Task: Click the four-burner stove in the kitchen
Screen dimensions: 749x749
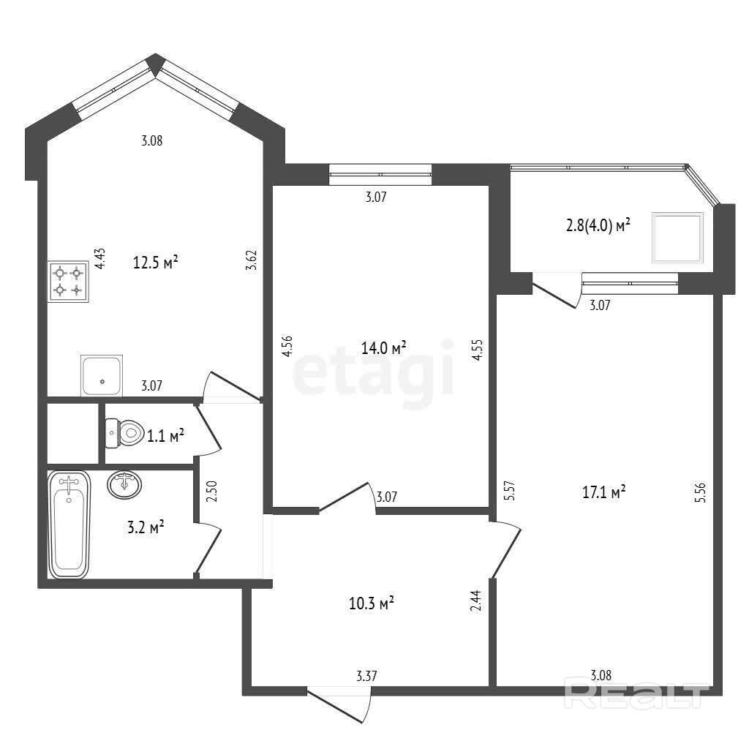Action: pos(68,282)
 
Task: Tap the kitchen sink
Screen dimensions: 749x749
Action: pos(102,375)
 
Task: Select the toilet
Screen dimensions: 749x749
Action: pos(124,433)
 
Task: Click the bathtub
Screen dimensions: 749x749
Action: pos(69,524)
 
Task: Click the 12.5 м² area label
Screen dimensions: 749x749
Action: pos(156,263)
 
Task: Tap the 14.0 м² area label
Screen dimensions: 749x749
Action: pos(383,347)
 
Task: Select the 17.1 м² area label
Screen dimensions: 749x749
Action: pos(603,492)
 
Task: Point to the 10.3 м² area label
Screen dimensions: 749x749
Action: pos(371,603)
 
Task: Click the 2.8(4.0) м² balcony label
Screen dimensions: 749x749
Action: pos(598,225)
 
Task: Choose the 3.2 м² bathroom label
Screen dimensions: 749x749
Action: pos(146,528)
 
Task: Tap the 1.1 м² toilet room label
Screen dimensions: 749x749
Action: pos(165,436)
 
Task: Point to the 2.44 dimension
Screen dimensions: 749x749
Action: pos(475,601)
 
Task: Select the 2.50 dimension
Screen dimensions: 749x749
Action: pos(211,491)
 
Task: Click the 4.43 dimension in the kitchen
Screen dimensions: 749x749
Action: pos(99,258)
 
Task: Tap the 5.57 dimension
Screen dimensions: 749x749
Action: pos(510,490)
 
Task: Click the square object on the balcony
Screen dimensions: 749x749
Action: pos(678,238)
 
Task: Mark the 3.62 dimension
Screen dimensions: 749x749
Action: pos(252,260)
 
